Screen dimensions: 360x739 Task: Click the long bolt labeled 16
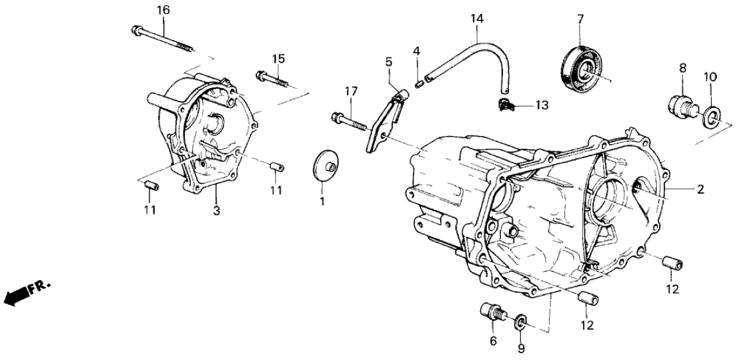(163, 37)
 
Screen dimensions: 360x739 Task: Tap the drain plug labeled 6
(492, 313)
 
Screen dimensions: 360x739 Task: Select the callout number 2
(700, 190)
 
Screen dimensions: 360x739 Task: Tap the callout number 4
(416, 51)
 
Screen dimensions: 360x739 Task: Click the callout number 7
(580, 17)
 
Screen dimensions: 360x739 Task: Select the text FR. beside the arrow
(41, 286)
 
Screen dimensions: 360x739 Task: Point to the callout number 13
(541, 105)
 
